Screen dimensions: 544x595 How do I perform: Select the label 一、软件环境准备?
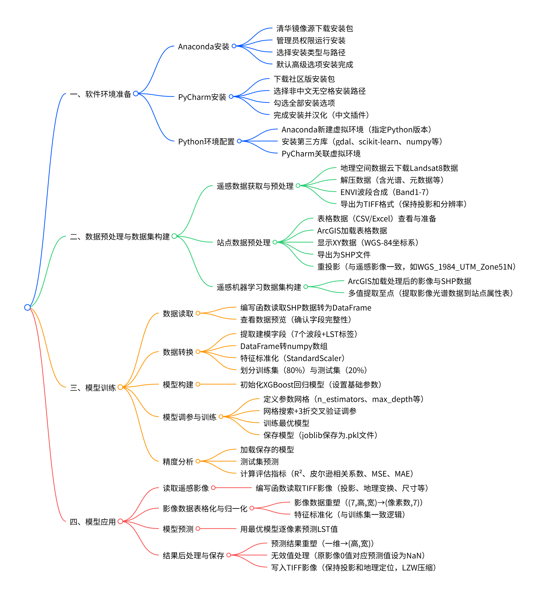(100, 94)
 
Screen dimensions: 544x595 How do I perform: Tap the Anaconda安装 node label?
(203, 46)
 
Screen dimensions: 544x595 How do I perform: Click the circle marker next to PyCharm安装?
(231, 97)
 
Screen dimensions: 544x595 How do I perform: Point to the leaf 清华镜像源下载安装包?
(314, 28)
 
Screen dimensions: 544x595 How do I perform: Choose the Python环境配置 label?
(206, 142)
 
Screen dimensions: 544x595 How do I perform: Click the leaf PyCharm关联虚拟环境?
(321, 154)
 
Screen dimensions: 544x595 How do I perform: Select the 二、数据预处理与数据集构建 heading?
(120, 236)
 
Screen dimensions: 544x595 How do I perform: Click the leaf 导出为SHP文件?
(343, 254)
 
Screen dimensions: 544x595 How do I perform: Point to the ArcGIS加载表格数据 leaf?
(352, 231)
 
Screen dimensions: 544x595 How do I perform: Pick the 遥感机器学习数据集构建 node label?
(259, 287)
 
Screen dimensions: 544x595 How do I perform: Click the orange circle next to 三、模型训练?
(120, 387)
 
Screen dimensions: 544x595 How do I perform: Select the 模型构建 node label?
(178, 384)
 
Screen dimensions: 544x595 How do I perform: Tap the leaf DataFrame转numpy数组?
(284, 346)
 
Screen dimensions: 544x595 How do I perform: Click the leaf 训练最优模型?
(286, 423)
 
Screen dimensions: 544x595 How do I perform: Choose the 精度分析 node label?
(178, 461)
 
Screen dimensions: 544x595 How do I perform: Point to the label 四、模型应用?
(93, 522)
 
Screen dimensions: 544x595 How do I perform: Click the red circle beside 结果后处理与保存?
(228, 555)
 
